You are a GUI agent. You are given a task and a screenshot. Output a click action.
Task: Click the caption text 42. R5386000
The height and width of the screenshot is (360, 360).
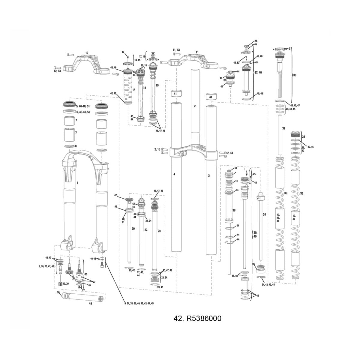click(x=197, y=318)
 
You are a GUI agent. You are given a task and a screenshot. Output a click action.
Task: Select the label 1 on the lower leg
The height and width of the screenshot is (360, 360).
click(x=77, y=182)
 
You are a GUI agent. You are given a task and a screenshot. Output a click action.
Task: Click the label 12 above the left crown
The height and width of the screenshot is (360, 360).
click(x=87, y=53)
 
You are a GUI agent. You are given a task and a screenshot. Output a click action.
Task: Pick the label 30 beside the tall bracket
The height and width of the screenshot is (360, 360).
click(x=294, y=75)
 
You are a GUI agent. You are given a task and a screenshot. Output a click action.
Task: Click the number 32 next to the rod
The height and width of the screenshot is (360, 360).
click(x=283, y=128)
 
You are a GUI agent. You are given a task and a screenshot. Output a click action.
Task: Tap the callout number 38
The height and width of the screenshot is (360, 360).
click(x=234, y=210)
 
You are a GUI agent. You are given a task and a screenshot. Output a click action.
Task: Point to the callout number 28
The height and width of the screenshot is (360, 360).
click(x=303, y=136)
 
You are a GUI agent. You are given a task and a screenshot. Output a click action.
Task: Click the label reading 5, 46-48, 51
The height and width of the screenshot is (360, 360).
click(x=83, y=106)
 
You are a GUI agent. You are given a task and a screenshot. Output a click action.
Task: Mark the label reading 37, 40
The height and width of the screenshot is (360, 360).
click(x=258, y=72)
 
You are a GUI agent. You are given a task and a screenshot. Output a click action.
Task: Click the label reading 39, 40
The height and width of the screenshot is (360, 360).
click(x=255, y=235)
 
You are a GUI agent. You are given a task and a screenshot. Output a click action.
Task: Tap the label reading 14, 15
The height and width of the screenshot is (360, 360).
click(x=137, y=60)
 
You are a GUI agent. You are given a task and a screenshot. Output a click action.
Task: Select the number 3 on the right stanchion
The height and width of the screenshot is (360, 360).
click(x=209, y=175)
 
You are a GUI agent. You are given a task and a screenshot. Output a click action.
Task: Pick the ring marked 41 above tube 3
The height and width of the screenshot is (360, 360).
click(x=211, y=97)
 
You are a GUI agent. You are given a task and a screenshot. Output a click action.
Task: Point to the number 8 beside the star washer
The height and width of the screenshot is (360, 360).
click(x=76, y=146)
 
